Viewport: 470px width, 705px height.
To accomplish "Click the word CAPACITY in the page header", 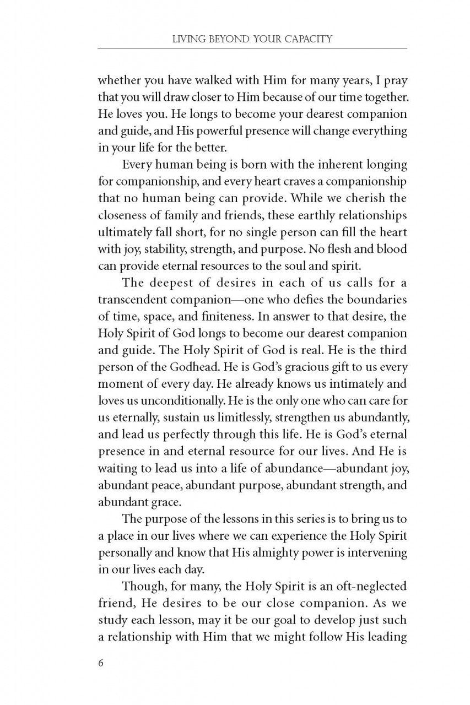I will [301, 39].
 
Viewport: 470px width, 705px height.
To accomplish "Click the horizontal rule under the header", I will [252, 48].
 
